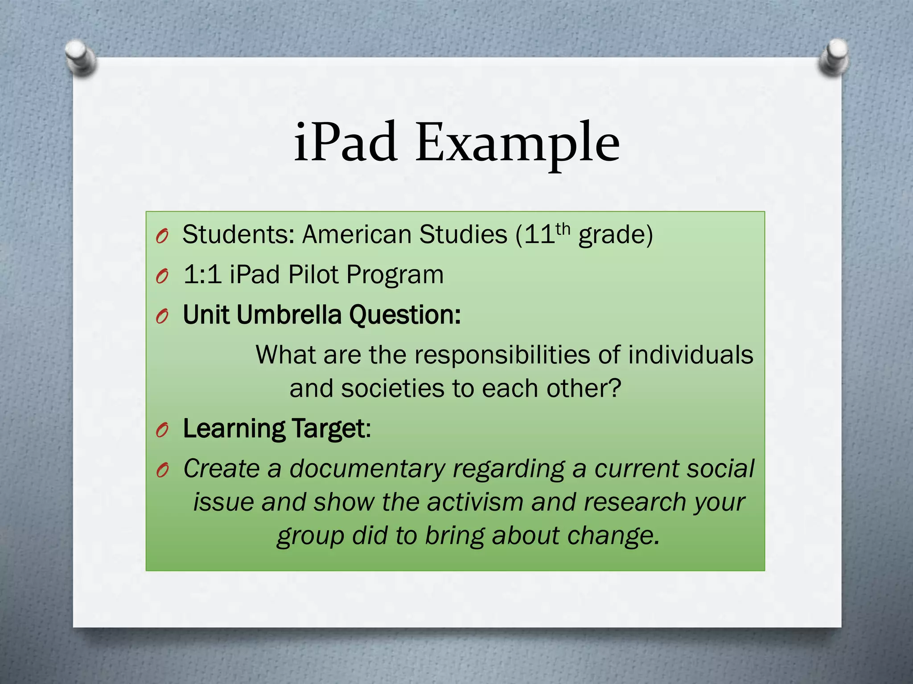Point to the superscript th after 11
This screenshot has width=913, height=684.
click(x=563, y=229)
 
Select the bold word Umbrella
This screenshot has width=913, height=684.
click(x=289, y=315)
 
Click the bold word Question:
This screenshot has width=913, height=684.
click(x=405, y=316)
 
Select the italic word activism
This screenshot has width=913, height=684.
click(x=475, y=502)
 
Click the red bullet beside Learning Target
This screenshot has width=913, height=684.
click(x=162, y=430)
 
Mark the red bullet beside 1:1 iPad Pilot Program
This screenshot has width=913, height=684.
click(x=162, y=277)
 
